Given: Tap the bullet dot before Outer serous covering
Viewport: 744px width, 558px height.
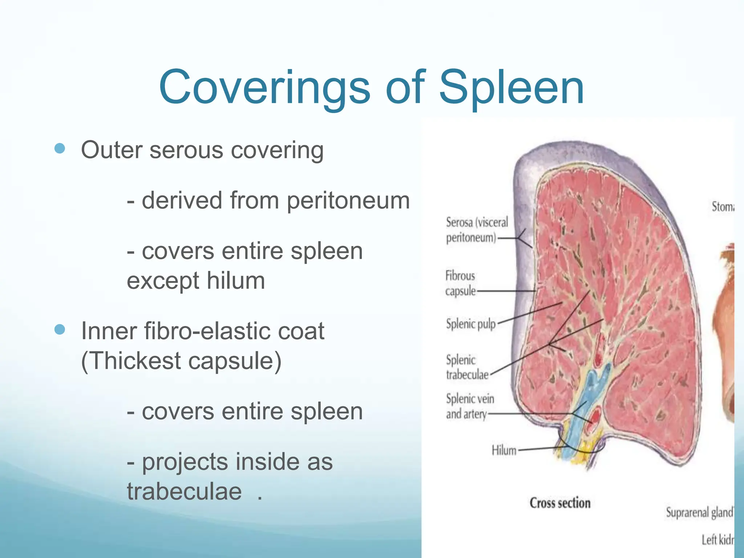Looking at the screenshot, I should (x=60, y=148).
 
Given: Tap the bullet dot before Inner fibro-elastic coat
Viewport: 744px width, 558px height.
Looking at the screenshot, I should (x=60, y=329).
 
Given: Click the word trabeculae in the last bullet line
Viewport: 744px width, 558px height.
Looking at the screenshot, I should (x=184, y=492).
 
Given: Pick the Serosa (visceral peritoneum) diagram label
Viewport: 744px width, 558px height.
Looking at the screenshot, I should (x=476, y=230).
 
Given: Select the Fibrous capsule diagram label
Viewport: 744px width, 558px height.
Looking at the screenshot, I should (x=460, y=283).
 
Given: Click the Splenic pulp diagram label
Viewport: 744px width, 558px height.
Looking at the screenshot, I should (x=470, y=323).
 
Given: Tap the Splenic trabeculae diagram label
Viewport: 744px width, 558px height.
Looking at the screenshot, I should (x=467, y=367).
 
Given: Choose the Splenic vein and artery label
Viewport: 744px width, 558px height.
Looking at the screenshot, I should (x=470, y=406).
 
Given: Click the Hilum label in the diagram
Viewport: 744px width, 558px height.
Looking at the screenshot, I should (x=504, y=450).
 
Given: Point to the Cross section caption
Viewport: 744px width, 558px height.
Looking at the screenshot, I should (x=560, y=503).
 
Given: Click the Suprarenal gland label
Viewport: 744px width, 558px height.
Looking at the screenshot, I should (x=699, y=512).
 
